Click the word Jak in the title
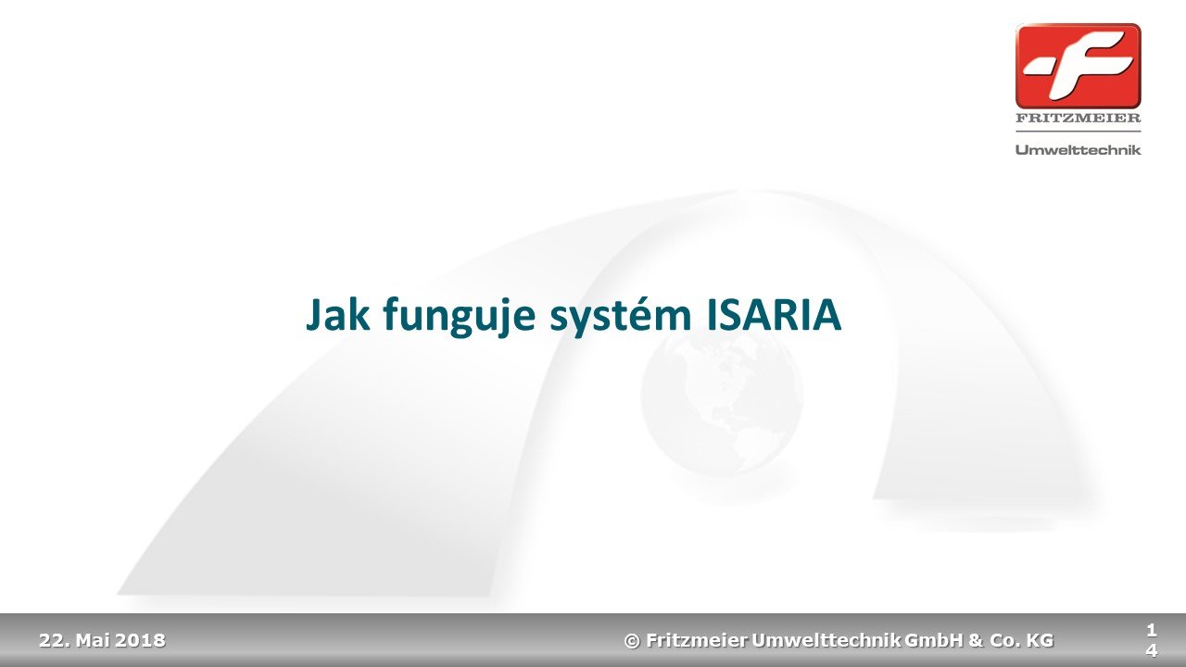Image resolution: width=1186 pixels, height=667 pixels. pyautogui.click(x=338, y=314)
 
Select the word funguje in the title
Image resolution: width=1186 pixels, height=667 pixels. pyautogui.click(x=460, y=318)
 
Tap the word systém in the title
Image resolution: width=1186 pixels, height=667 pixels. pyautogui.click(x=621, y=317)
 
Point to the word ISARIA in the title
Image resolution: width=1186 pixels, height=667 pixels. pyautogui.click(x=774, y=315)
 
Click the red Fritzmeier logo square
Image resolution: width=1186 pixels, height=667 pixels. pyautogui.click(x=1078, y=66)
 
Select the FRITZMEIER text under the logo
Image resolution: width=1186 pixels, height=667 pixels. pyautogui.click(x=1078, y=118)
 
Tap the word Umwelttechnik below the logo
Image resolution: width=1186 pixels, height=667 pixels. pyautogui.click(x=1078, y=150)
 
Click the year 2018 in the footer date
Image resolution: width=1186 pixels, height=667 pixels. pyautogui.click(x=140, y=640)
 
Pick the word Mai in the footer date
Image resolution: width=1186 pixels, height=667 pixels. pyautogui.click(x=93, y=640)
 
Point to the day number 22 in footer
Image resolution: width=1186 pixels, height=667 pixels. pyautogui.click(x=52, y=640)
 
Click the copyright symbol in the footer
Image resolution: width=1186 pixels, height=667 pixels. pyautogui.click(x=632, y=641)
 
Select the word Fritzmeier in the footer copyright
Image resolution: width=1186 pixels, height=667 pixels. pyautogui.click(x=697, y=640)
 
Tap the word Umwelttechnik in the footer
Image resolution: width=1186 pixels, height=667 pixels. pyautogui.click(x=826, y=640)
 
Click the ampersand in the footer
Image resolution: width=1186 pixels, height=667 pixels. pyautogui.click(x=976, y=640)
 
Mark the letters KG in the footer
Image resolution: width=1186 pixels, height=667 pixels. pyautogui.click(x=1041, y=640)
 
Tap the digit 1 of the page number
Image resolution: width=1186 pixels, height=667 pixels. pyautogui.click(x=1151, y=630)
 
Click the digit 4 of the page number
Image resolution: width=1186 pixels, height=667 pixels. pyautogui.click(x=1152, y=650)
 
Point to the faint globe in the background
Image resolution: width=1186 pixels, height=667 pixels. pyautogui.click(x=722, y=396)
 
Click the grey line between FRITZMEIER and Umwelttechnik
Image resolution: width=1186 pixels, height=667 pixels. pyautogui.click(x=1078, y=132)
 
